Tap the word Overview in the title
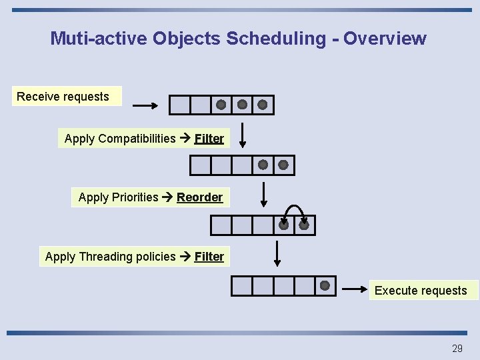click(385, 39)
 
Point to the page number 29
click(457, 348)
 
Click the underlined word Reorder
click(199, 197)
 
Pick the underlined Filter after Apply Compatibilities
click(209, 139)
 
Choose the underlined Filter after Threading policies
click(209, 257)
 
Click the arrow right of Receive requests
click(145, 105)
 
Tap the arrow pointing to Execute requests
click(356, 289)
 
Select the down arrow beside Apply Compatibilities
click(243, 135)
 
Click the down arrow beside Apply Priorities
click(264, 195)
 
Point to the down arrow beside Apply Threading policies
click(278, 253)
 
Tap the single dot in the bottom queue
click(325, 285)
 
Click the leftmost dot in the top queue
click(221, 105)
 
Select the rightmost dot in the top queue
click(263, 105)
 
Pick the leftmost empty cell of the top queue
click(179, 105)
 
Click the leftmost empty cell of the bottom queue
click(242, 285)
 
